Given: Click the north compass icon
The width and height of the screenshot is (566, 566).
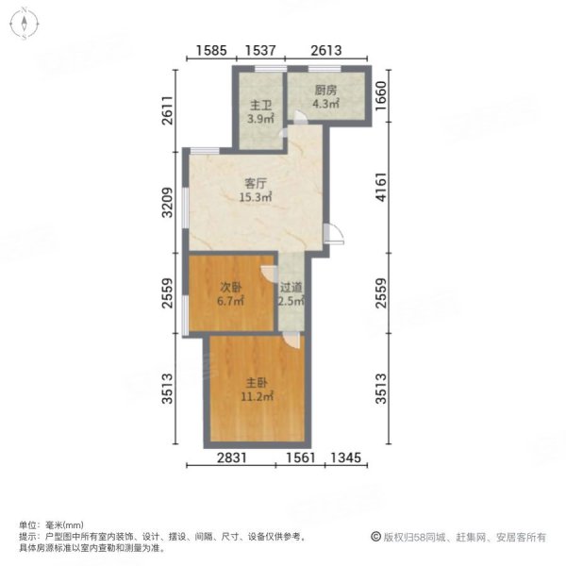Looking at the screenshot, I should (x=25, y=25).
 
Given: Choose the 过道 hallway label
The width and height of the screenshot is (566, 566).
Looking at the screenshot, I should (x=291, y=288).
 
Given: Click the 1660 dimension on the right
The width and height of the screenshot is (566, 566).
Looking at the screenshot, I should (x=382, y=94).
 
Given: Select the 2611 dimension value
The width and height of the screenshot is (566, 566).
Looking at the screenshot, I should (x=167, y=111).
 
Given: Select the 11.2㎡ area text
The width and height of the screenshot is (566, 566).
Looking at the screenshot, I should (x=259, y=397).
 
